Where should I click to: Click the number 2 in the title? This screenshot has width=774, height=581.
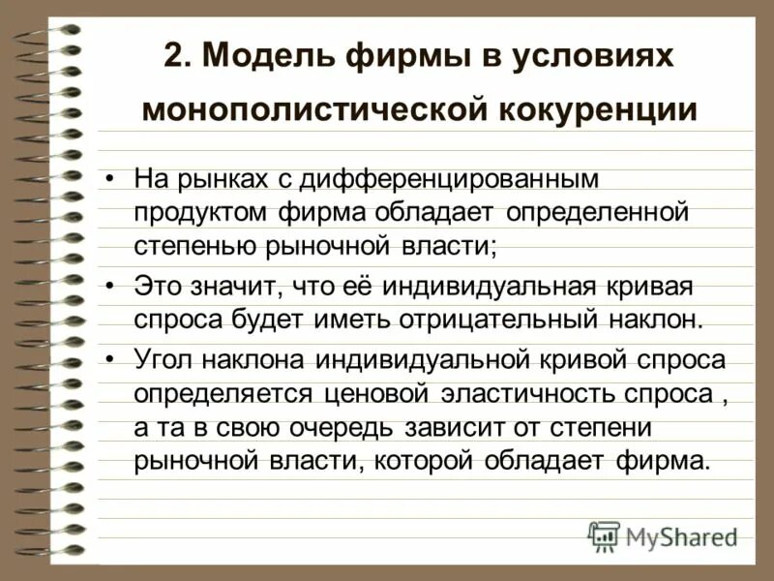(x=174, y=57)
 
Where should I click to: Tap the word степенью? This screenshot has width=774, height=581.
(x=193, y=244)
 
